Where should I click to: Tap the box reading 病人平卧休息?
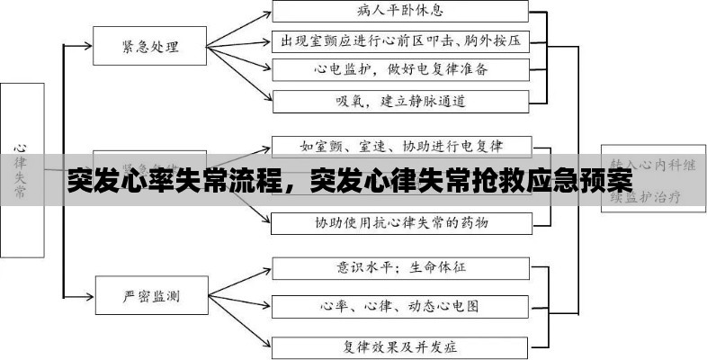pos(400,12)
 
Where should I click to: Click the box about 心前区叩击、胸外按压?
pos(400,41)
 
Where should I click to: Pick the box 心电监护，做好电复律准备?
pos(400,69)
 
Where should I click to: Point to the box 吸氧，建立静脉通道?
pos(400,100)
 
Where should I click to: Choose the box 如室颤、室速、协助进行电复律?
pos(400,145)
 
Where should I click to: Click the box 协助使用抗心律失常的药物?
pos(400,221)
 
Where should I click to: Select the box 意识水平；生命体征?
pos(400,267)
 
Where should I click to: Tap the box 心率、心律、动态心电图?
pos(400,306)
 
